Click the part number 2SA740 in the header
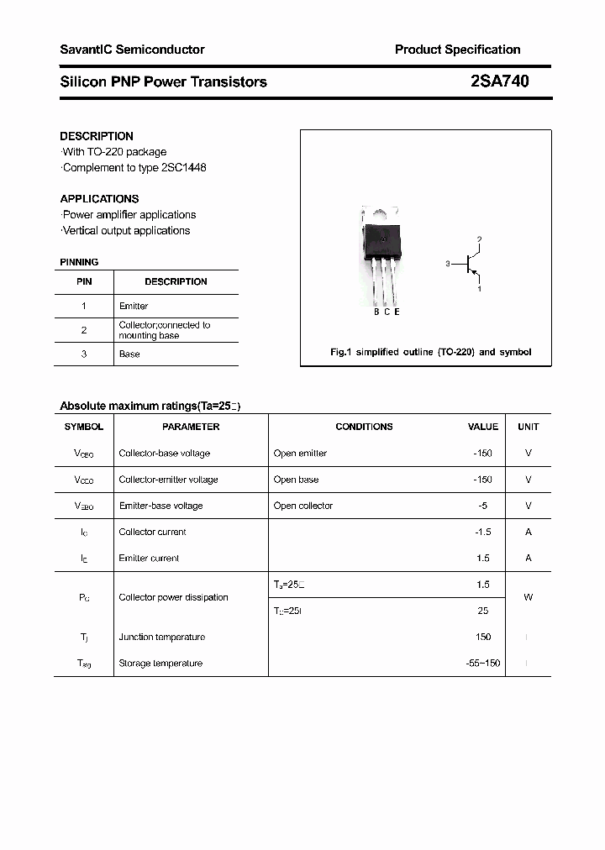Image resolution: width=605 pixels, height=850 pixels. tap(500, 81)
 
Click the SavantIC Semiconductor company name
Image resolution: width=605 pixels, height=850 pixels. tap(132, 50)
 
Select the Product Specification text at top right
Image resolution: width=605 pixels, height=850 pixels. tap(457, 50)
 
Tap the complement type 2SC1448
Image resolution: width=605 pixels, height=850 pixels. tap(181, 167)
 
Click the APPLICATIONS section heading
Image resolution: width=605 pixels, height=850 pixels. tap(99, 199)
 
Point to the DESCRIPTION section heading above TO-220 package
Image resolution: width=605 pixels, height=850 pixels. tap(97, 136)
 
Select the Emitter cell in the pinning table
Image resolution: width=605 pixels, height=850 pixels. tap(134, 307)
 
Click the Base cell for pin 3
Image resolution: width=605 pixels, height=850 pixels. tap(129, 354)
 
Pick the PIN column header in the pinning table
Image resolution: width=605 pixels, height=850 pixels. tap(84, 282)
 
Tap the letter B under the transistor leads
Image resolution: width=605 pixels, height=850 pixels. tap(376, 312)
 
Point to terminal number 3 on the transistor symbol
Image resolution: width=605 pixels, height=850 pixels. tap(449, 264)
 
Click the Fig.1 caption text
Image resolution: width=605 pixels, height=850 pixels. tap(430, 352)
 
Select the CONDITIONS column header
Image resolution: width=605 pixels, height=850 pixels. tap(364, 427)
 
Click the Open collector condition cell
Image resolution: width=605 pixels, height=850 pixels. tap(303, 506)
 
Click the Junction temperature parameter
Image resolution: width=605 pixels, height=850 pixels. tap(161, 637)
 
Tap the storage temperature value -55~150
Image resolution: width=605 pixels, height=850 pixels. tap(483, 664)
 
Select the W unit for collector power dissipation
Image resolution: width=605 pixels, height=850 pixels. tap(528, 597)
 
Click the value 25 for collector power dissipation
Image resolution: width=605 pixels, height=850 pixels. tap(482, 611)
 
